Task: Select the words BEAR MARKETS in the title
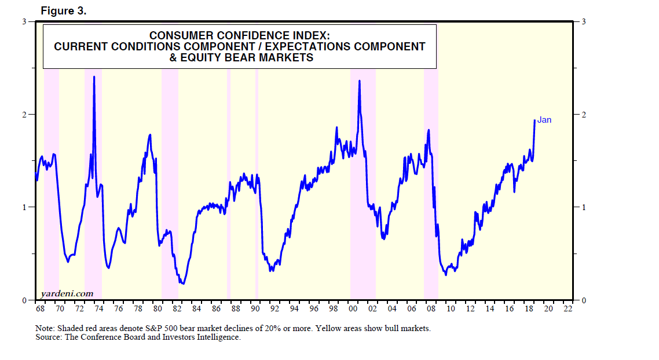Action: click(272, 57)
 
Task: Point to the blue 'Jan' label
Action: click(544, 120)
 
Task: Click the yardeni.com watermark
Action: click(67, 293)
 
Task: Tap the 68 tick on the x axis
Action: click(40, 308)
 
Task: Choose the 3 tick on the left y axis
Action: click(24, 22)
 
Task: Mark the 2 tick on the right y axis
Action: click(584, 115)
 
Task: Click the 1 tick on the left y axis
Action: click(24, 207)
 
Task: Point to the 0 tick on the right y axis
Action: click(584, 300)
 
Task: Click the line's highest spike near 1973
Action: click(94, 76)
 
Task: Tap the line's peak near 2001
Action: click(360, 81)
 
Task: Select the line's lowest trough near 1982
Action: click(182, 284)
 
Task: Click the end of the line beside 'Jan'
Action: click(534, 120)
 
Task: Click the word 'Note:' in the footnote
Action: click(45, 328)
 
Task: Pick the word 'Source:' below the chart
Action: click(49, 337)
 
